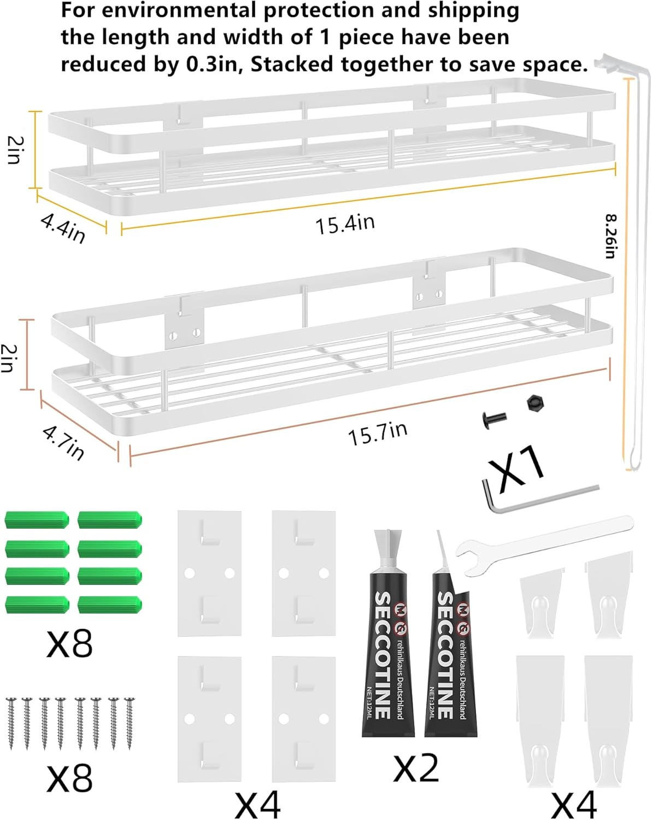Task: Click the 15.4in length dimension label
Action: pyautogui.click(x=345, y=224)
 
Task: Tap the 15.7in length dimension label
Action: pyautogui.click(x=378, y=433)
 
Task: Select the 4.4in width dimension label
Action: pyautogui.click(x=63, y=227)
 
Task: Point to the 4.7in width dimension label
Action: pyautogui.click(x=63, y=442)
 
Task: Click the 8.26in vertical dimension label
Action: pyautogui.click(x=610, y=236)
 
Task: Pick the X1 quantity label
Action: pyautogui.click(x=516, y=467)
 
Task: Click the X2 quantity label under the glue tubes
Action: pyautogui.click(x=416, y=768)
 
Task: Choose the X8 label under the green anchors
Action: pyautogui.click(x=69, y=643)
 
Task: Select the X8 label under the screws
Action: pyautogui.click(x=69, y=777)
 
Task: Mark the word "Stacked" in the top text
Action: pyautogui.click(x=292, y=65)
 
